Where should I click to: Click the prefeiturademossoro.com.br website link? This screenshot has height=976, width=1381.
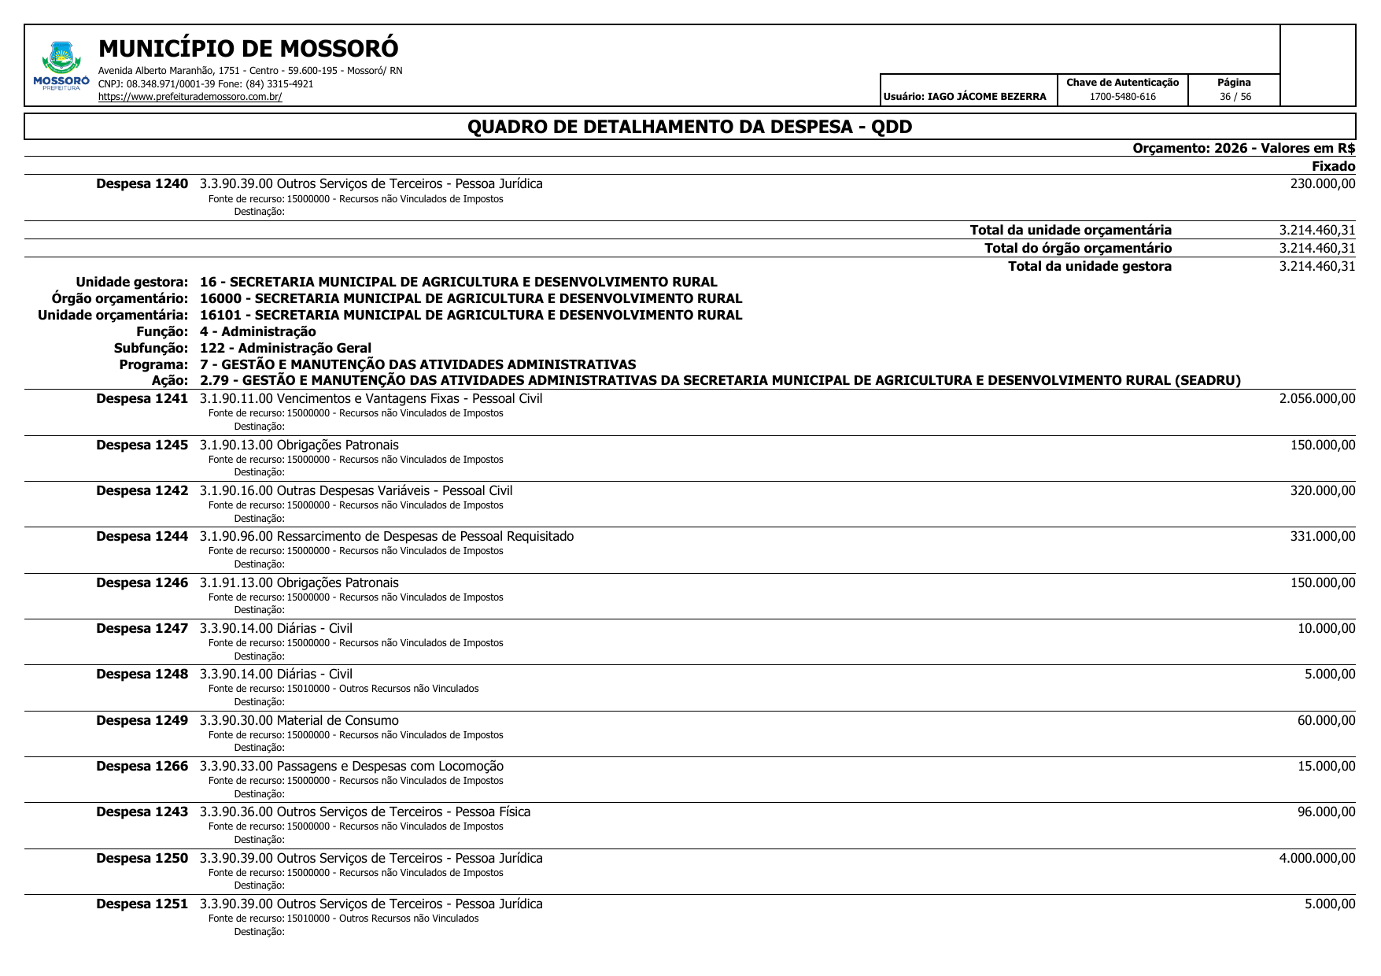(190, 97)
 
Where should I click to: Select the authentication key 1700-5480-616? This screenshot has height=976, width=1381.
(1122, 97)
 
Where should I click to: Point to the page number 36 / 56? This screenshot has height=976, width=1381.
(1235, 97)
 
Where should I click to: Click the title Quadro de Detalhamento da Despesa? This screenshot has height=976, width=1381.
(689, 127)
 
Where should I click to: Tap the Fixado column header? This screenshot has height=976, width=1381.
(1333, 166)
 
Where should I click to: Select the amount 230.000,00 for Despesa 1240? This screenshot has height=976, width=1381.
(1322, 184)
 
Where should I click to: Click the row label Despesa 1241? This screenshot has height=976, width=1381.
(142, 399)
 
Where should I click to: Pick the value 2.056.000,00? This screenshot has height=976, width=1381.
(1316, 399)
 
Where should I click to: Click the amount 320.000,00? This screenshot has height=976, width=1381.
(1322, 491)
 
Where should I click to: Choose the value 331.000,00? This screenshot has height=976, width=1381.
(1322, 537)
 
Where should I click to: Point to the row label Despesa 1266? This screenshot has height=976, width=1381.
(142, 767)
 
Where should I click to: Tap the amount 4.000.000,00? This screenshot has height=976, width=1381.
(1316, 859)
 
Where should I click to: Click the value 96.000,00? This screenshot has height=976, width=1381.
(1326, 812)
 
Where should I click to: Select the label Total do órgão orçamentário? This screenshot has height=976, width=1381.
(1077, 249)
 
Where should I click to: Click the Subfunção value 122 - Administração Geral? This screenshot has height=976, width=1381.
(285, 348)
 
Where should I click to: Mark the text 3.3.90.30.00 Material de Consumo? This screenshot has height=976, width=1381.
(299, 721)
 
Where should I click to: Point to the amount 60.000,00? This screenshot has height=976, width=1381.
(1326, 721)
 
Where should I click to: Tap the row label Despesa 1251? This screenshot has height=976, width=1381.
(142, 904)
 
